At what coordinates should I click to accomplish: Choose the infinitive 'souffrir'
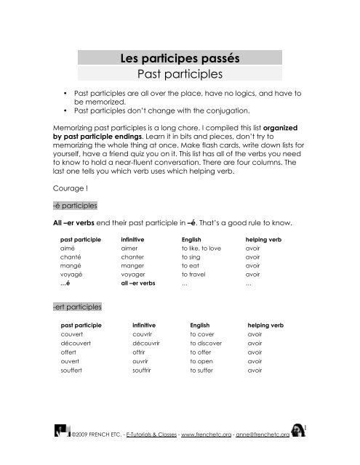(143, 371)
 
